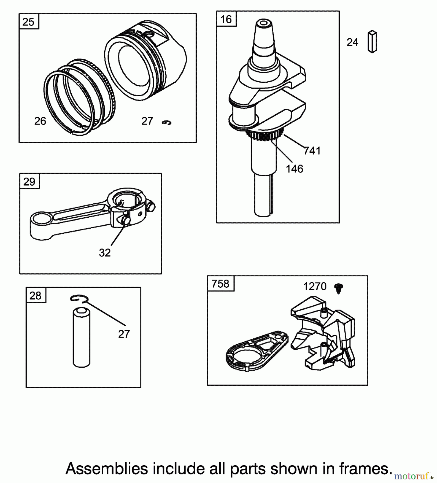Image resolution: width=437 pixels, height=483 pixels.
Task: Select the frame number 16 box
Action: point(226,19)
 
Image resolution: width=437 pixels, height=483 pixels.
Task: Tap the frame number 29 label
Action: point(29,182)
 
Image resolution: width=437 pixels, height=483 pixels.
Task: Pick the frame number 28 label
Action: point(35,296)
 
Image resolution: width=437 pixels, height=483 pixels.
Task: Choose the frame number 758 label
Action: point(221,284)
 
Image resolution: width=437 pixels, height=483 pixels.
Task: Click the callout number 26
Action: point(40,121)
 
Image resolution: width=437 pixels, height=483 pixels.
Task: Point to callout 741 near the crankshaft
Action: point(312,151)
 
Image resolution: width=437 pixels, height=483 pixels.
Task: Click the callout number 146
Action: point(294,169)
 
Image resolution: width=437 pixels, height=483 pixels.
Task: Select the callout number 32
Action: point(105,253)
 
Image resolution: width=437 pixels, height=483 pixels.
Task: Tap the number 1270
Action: point(315,287)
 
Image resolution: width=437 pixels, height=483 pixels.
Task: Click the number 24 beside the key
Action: point(352,42)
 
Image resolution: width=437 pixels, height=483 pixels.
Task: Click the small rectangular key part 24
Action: point(372,42)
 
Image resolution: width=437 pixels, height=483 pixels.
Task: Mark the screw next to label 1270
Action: point(339,288)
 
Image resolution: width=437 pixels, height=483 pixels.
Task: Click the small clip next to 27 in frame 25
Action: point(167,123)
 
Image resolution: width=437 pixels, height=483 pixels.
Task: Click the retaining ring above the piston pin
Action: point(78,299)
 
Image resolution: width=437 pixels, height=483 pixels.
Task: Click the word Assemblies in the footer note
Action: point(107,469)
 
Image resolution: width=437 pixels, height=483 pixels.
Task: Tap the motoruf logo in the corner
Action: point(413,476)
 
